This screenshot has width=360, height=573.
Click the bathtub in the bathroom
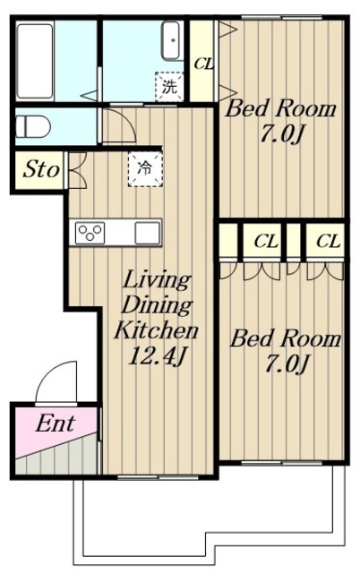pyautogui.click(x=35, y=61)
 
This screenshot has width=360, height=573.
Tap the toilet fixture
pyautogui.click(x=32, y=127)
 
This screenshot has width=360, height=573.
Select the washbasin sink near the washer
pyautogui.click(x=171, y=40)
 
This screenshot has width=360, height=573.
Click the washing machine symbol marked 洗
pyautogui.click(x=169, y=87)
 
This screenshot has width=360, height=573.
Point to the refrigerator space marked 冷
pyautogui.click(x=145, y=169)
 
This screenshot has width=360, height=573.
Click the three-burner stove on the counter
pyautogui.click(x=90, y=233)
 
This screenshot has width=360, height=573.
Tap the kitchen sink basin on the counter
pyautogui.click(x=147, y=233)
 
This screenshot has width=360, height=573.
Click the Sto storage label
pyautogui.click(x=41, y=169)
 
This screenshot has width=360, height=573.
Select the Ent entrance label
pyautogui.click(x=56, y=423)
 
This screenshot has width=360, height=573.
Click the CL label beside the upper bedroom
pyautogui.click(x=204, y=64)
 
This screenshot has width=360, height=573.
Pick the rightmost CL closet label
pyautogui.click(x=328, y=242)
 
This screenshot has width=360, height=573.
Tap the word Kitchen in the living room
pyautogui.click(x=156, y=330)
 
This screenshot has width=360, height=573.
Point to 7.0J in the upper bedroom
pyautogui.click(x=282, y=135)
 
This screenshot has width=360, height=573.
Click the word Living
pyautogui.click(x=157, y=280)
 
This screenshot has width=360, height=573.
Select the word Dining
pyautogui.click(x=157, y=305)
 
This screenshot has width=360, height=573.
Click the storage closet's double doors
pyautogui.click(x=78, y=170)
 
